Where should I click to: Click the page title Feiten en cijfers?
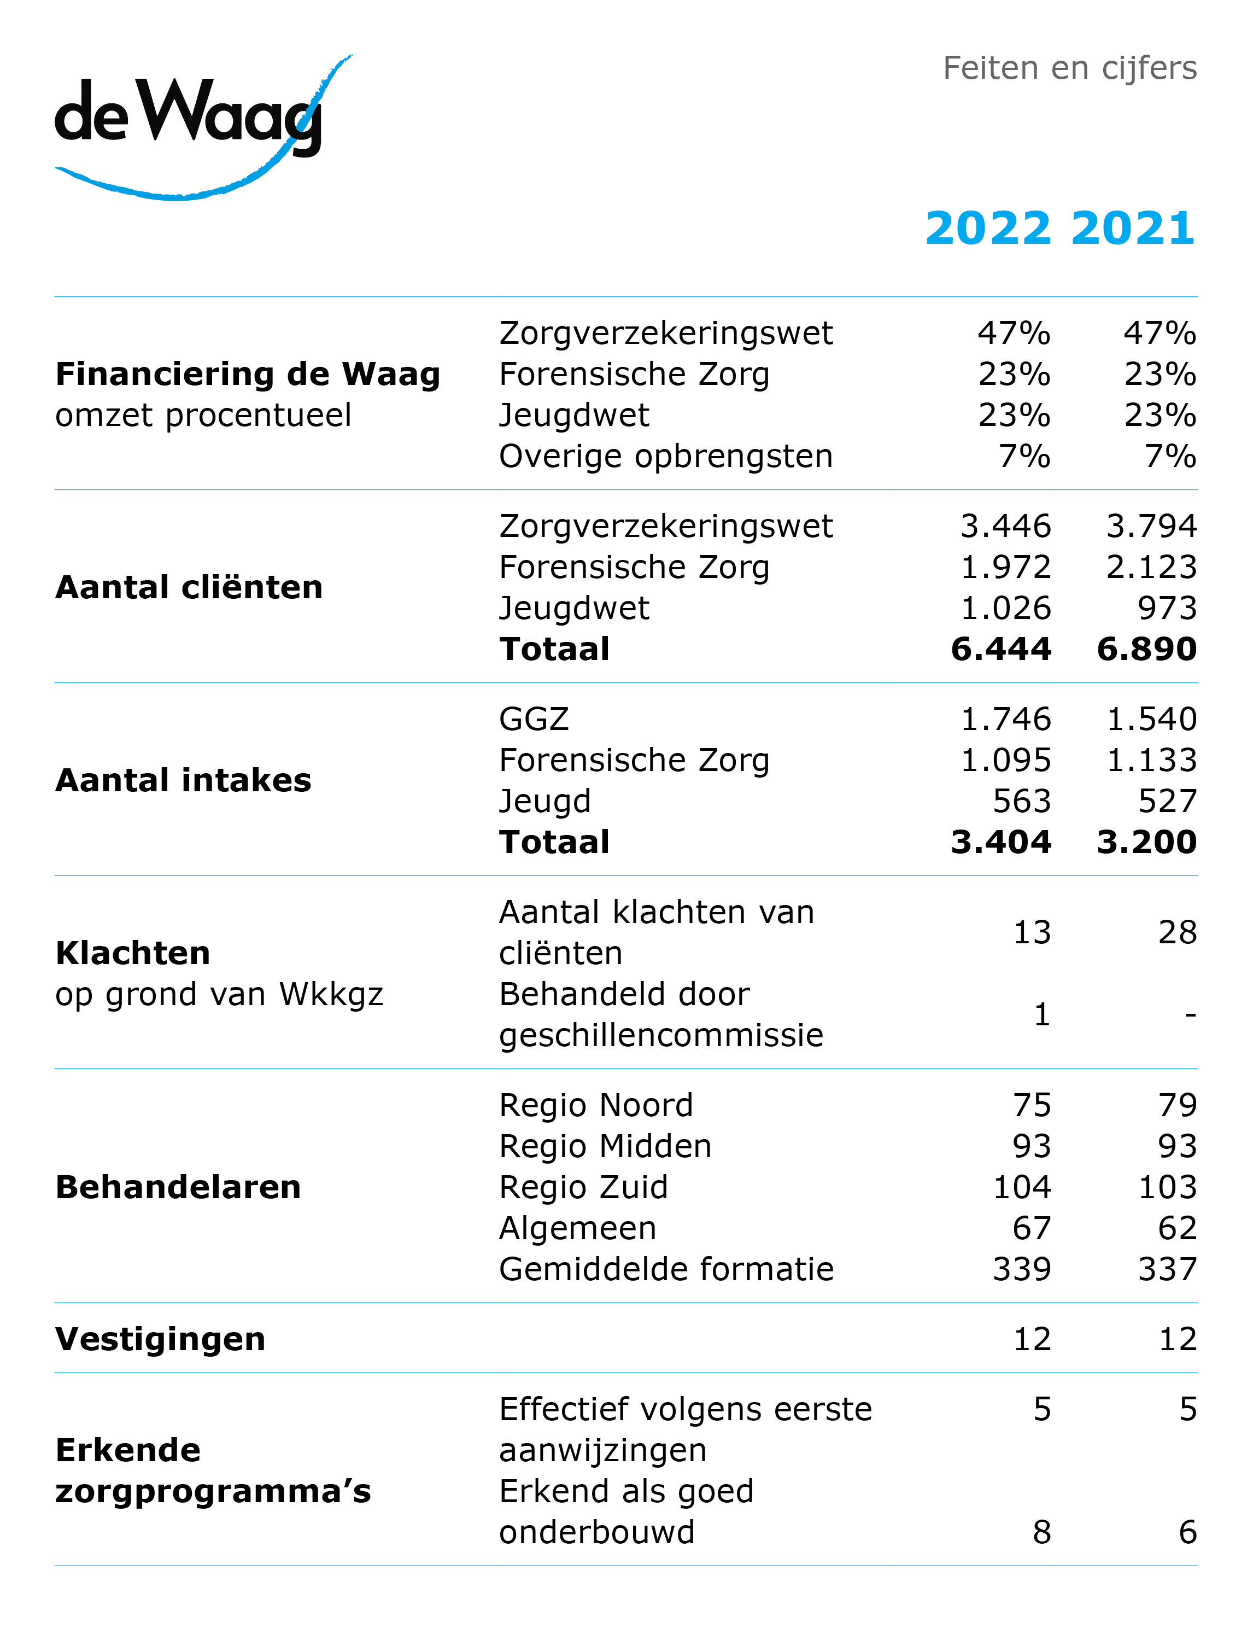[1069, 68]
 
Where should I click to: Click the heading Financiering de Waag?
[248, 375]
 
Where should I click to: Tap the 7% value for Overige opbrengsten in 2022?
[1025, 457]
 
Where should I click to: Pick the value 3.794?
[1151, 527]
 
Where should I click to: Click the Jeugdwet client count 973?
[1167, 609]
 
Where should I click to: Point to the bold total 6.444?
[1001, 649]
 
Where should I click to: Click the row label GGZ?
[534, 720]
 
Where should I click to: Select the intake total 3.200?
[1147, 842]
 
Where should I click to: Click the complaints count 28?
[1178, 933]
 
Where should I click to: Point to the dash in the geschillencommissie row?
[1190, 1014]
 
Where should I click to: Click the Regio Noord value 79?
[1178, 1105]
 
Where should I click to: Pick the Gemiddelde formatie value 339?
[1022, 1270]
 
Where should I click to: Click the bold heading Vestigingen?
[160, 1340]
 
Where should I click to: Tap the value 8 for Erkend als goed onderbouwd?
[1042, 1533]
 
